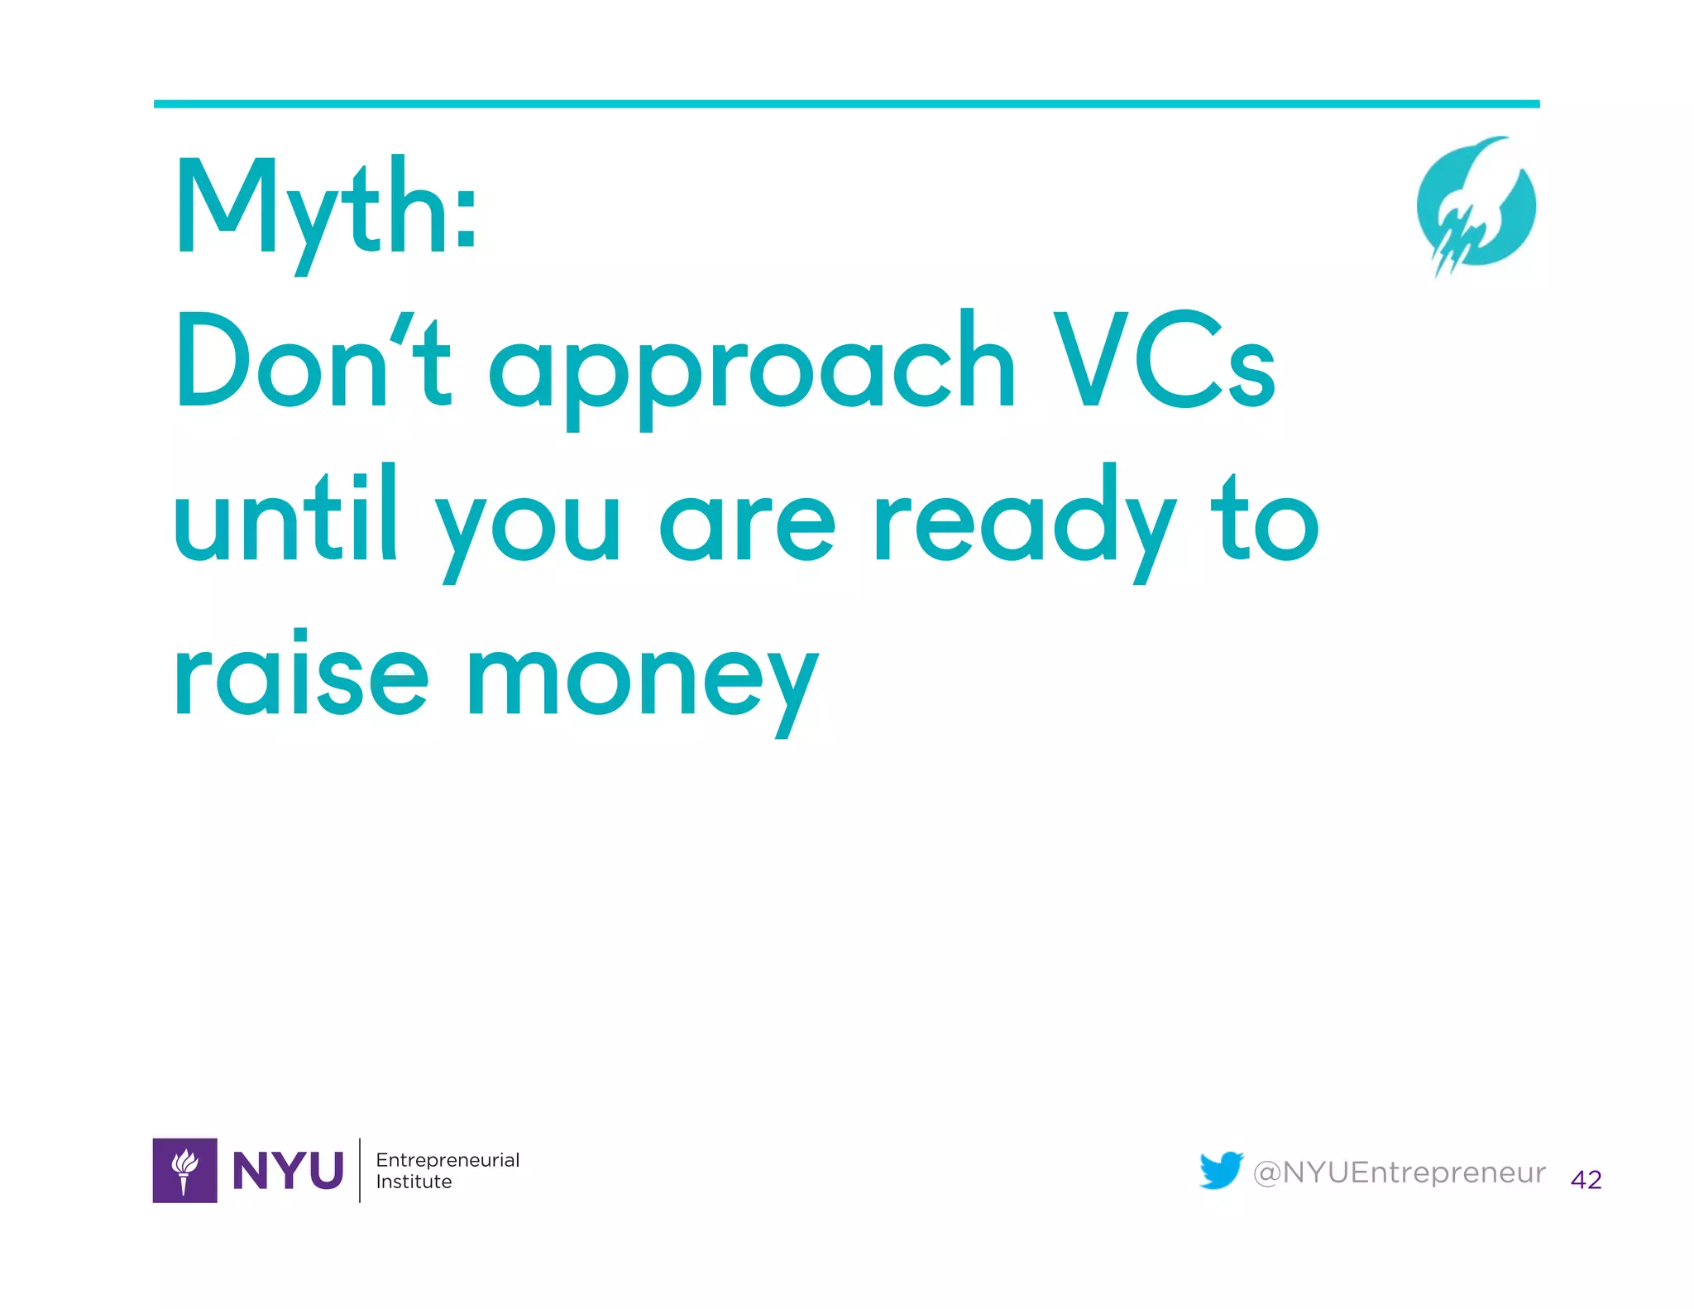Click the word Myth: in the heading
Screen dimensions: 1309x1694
[326, 207]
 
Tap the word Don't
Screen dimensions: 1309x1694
[313, 362]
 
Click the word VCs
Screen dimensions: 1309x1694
[1164, 362]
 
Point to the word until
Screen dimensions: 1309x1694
[285, 517]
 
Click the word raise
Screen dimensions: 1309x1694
[301, 674]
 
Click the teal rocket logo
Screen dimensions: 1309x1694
[1476, 207]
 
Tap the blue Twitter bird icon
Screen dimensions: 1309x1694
[1221, 1170]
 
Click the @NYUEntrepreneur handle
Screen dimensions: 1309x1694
[1399, 1172]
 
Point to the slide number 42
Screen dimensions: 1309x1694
[1586, 1179]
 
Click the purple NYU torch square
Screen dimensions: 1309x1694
[185, 1170]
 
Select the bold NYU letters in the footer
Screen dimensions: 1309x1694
[288, 1171]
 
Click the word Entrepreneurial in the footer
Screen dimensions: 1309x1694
[447, 1159]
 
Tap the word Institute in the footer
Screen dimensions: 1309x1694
[414, 1182]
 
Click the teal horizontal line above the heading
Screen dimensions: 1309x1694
[846, 104]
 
